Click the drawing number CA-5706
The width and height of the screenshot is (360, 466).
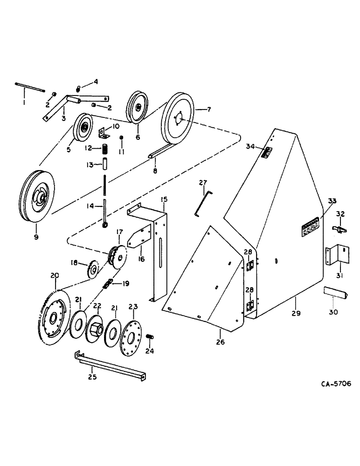[336, 384]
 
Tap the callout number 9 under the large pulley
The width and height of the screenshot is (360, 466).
[36, 237]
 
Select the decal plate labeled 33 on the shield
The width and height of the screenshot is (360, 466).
[309, 227]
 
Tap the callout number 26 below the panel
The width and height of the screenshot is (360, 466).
[221, 342]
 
